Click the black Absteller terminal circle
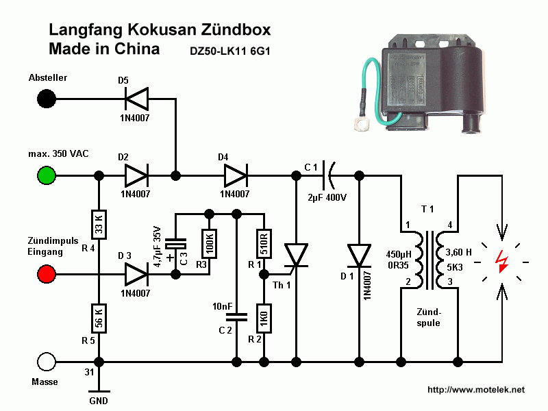(47, 99)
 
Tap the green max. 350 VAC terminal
(47, 176)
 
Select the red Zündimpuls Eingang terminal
(47, 275)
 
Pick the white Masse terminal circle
(47, 361)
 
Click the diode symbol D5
(136, 99)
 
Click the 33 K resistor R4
(99, 223)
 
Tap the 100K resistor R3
(208, 243)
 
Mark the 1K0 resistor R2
(262, 319)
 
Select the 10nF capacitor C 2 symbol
(236, 316)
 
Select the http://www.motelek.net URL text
(475, 390)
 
